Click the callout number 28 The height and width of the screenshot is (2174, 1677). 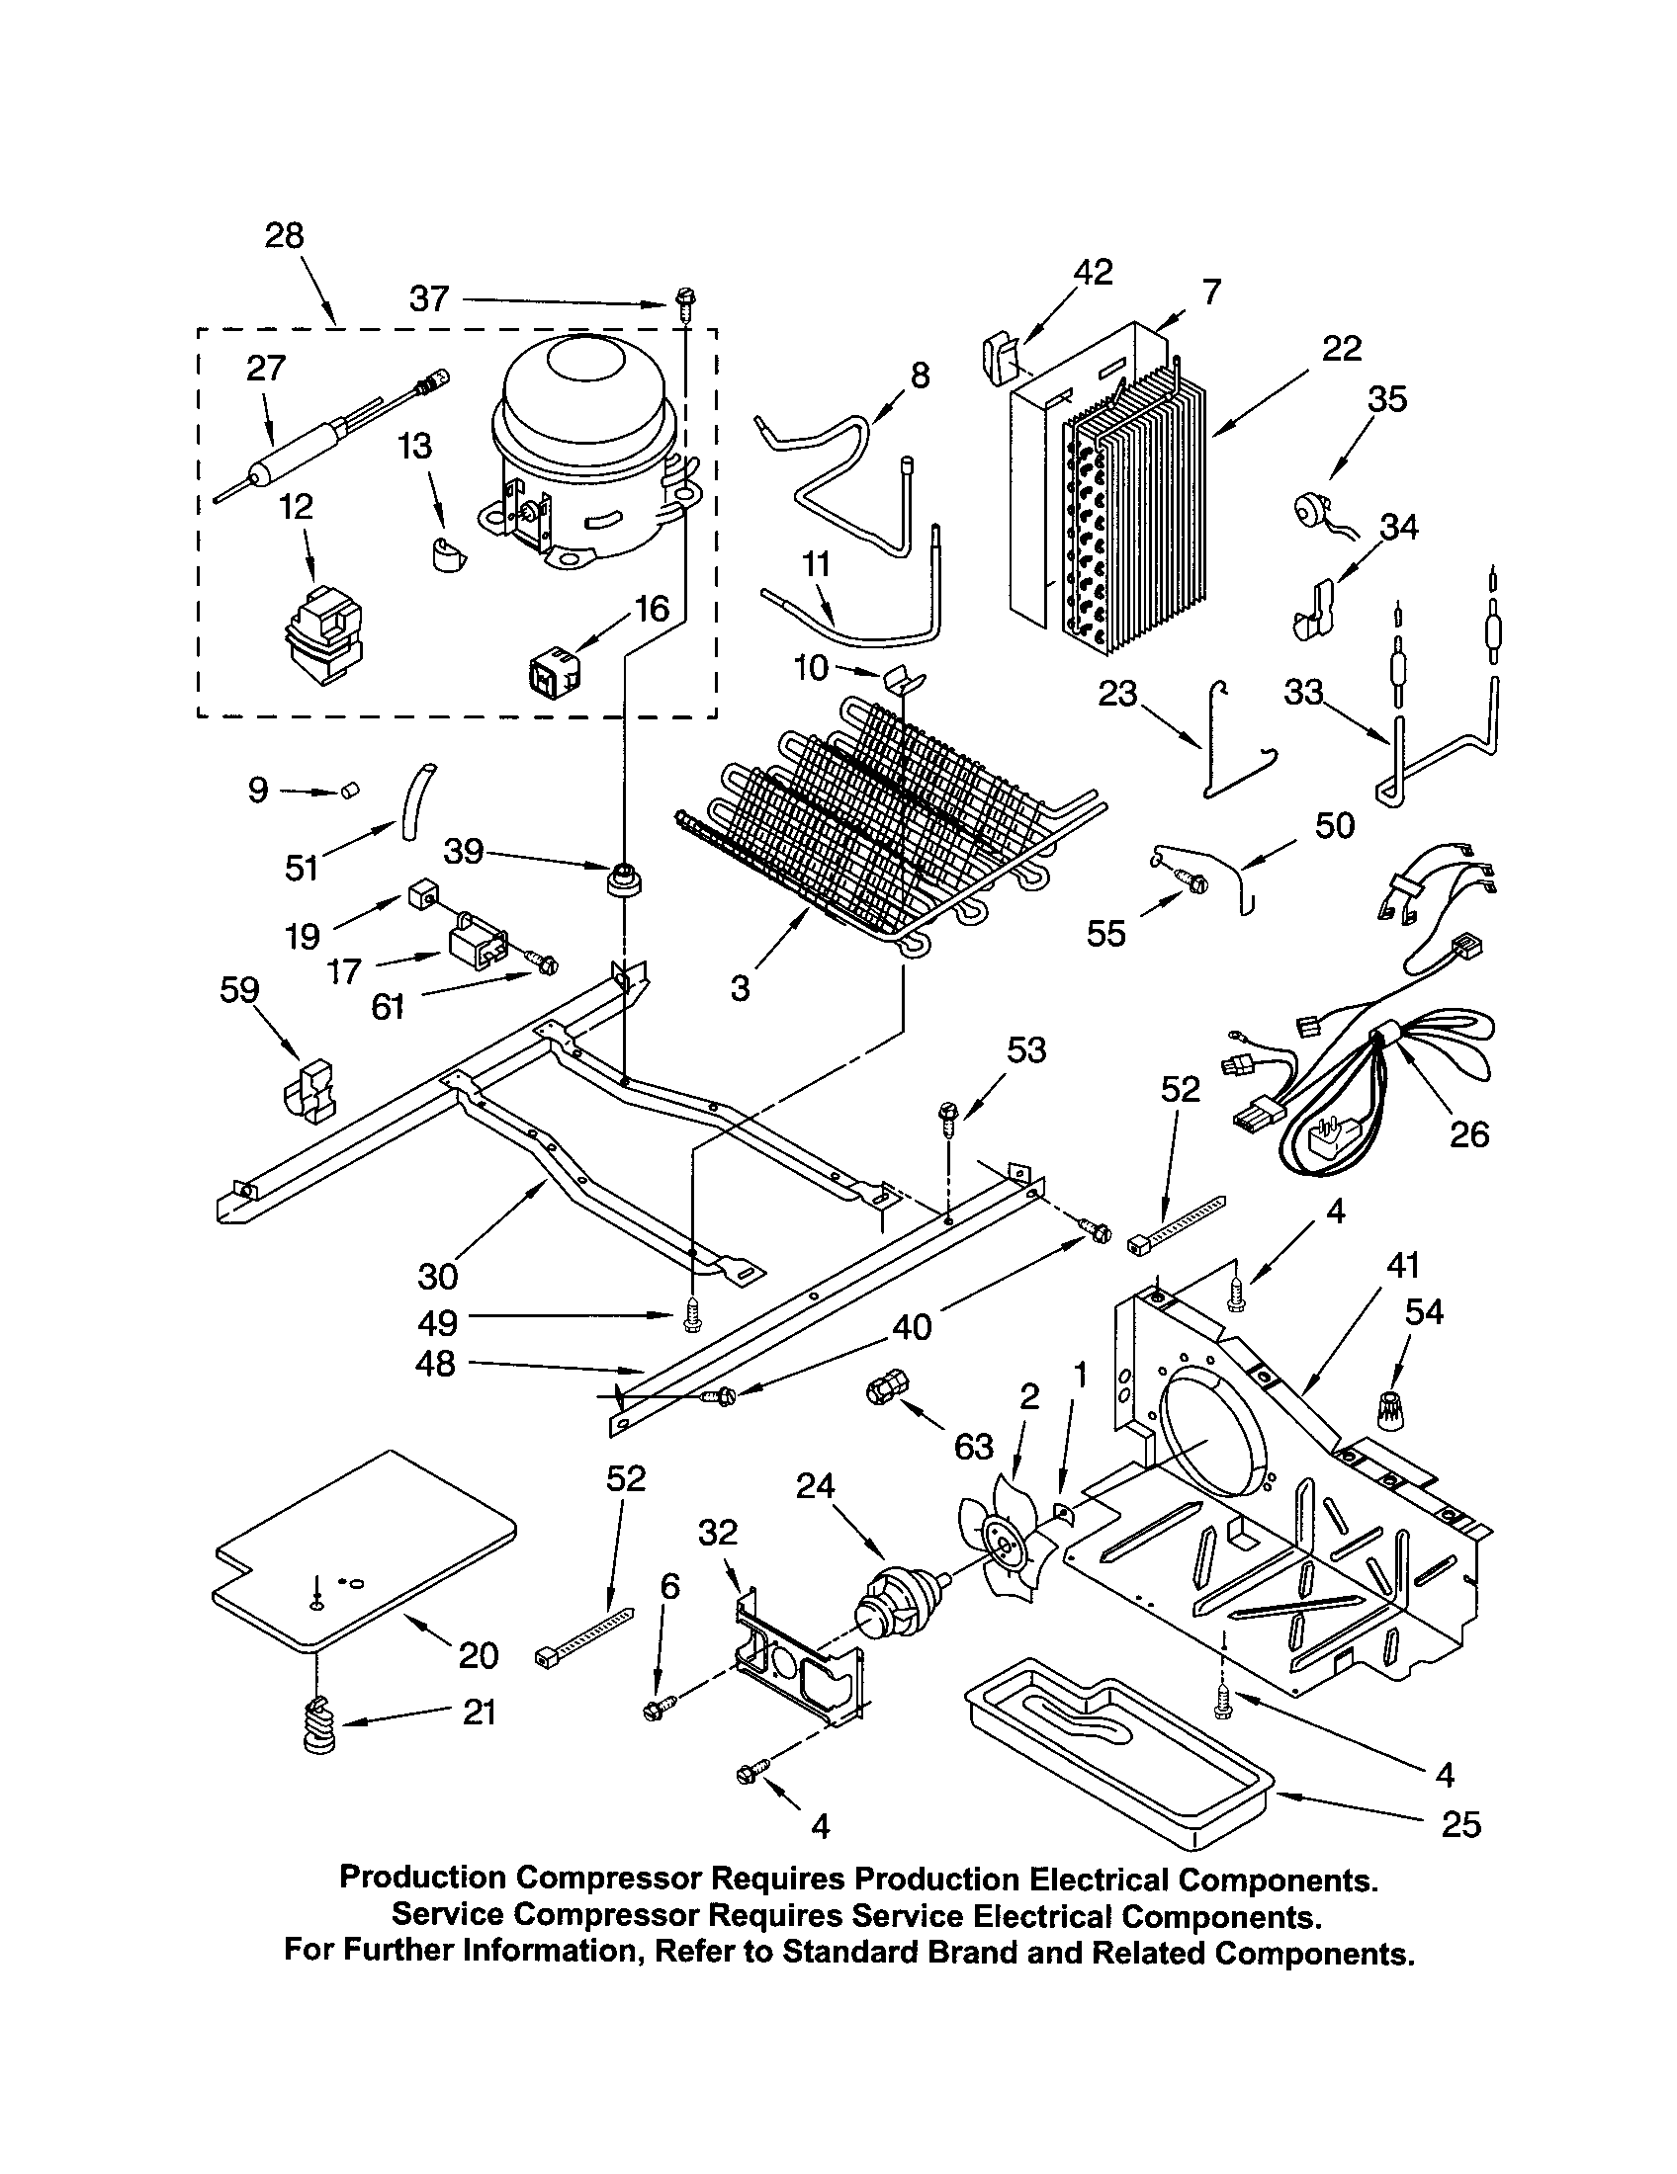pos(284,236)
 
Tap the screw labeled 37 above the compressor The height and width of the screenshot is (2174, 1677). pos(685,299)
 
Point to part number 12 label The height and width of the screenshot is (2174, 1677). pos(297,507)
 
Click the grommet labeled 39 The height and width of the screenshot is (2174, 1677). pos(624,879)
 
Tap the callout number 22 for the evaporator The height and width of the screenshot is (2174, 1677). pos(1342,349)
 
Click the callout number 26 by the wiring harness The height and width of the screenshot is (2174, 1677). pos(1469,1133)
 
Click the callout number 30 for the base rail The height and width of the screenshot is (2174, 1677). pos(437,1275)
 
